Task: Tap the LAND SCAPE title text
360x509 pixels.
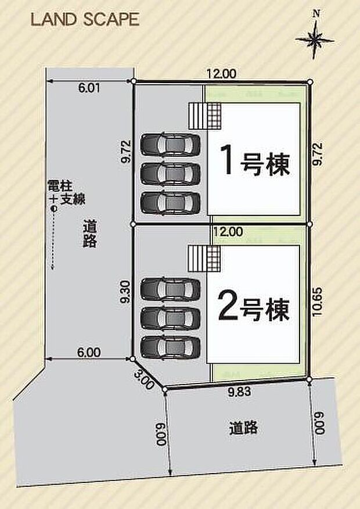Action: click(85, 20)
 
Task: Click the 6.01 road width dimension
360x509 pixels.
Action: click(89, 89)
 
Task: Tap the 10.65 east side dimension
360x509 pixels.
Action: click(317, 301)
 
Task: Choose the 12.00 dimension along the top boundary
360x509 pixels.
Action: click(221, 74)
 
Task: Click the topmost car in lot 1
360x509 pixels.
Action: click(171, 144)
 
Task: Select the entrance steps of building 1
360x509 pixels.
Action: click(205, 116)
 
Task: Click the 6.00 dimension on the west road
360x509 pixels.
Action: click(89, 352)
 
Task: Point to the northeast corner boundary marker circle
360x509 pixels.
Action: click(309, 82)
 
